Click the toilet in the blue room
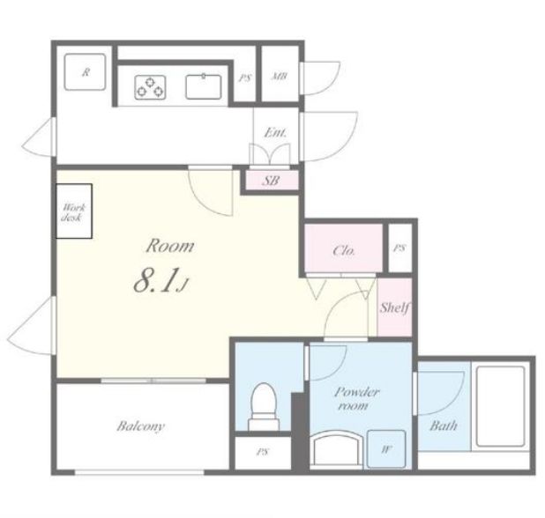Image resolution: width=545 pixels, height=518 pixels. click(x=264, y=406)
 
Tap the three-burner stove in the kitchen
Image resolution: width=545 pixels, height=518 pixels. click(x=150, y=87)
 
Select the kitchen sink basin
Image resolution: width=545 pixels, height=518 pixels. click(x=204, y=86)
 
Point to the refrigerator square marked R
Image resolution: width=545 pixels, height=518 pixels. click(x=85, y=72)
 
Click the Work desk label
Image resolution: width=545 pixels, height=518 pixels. click(x=72, y=212)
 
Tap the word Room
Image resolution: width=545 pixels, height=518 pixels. click(x=170, y=246)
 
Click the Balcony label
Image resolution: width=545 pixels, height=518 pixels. click(x=140, y=426)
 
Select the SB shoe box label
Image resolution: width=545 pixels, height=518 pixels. click(x=271, y=181)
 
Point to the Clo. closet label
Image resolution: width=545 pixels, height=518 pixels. click(x=344, y=250)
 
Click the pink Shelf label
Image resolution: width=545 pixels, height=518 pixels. click(x=394, y=307)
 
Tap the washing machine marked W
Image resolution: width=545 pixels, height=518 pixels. click(x=386, y=449)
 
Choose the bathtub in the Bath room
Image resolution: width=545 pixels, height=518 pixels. click(x=501, y=406)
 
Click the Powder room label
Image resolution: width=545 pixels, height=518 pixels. click(x=356, y=399)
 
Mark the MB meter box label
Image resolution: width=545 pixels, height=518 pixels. click(x=279, y=76)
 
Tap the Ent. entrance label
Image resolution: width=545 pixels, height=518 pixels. click(x=276, y=133)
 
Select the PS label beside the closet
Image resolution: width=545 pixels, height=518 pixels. click(x=399, y=248)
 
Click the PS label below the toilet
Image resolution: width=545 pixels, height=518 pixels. click(x=263, y=452)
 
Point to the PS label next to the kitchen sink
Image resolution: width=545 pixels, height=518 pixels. click(x=244, y=78)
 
